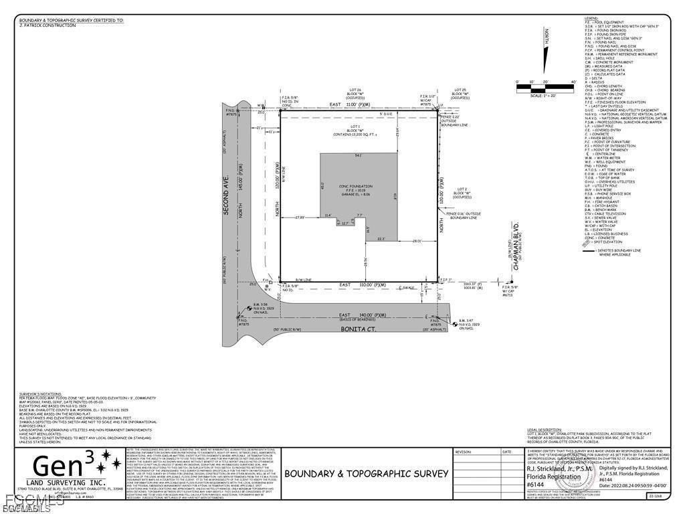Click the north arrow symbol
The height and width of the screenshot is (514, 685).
[545, 52]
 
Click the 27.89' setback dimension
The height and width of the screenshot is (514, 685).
[300, 218]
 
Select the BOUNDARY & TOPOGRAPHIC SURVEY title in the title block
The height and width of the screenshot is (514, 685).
[366, 473]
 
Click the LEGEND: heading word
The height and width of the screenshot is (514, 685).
[591, 18]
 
